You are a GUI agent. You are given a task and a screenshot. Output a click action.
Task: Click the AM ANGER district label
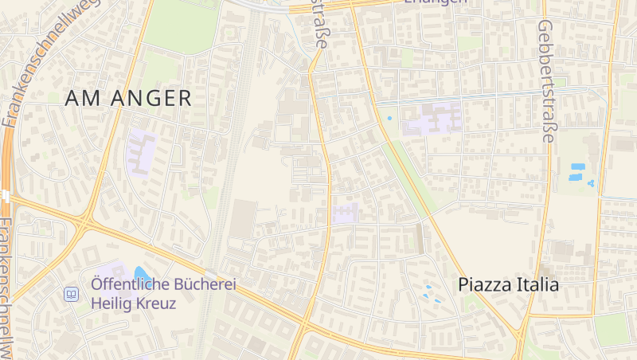point(128,98)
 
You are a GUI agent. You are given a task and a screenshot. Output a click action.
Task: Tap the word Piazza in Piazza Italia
point(486,284)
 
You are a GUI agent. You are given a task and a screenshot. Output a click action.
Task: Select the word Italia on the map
point(537,284)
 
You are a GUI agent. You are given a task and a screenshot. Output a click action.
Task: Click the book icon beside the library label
point(72,294)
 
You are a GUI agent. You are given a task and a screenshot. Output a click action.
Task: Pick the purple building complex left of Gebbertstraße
point(432,118)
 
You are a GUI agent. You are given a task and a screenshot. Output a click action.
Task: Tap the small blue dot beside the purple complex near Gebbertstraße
point(389,119)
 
